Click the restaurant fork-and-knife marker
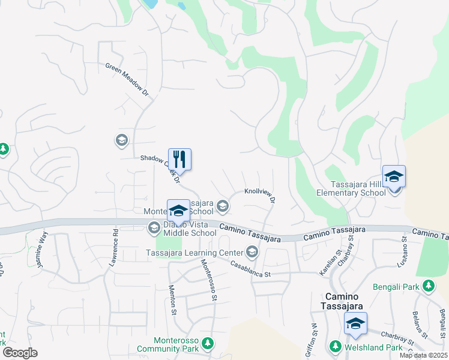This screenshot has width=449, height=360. point(179,160)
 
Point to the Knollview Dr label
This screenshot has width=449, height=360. point(261,195)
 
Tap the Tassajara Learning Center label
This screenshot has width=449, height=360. point(193,252)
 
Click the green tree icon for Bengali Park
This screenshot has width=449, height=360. point(429,286)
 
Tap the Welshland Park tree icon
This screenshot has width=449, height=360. point(336,347)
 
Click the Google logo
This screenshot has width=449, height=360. point(20,353)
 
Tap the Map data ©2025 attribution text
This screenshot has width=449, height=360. point(423,355)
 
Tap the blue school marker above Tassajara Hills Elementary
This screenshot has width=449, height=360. point(394,178)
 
